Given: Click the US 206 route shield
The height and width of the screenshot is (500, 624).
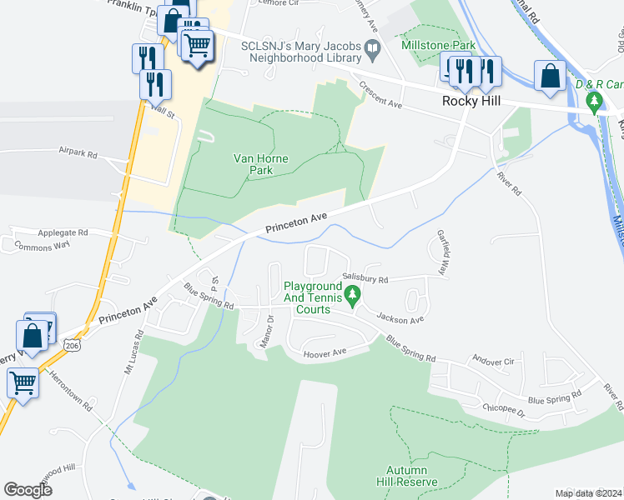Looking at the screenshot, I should pyautogui.click(x=73, y=343).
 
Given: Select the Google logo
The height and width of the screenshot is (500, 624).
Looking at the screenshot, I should pyautogui.click(x=28, y=490).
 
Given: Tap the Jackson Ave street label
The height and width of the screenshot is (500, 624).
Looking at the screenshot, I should pyautogui.click(x=400, y=317).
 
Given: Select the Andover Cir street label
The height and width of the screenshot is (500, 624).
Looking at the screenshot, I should pyautogui.click(x=492, y=362).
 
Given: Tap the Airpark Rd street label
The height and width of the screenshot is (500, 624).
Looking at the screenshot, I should pyautogui.click(x=78, y=154).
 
